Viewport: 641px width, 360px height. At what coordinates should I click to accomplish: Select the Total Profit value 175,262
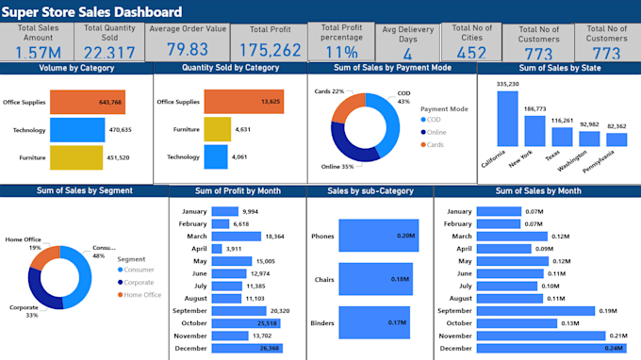pos(271,51)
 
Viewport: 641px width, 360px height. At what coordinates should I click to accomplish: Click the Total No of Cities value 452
pos(471,53)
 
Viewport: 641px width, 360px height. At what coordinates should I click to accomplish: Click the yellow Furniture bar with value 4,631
pos(217,129)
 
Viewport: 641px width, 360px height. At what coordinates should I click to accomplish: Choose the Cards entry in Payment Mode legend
pos(435,144)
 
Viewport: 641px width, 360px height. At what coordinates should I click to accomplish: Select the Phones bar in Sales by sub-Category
pos(378,236)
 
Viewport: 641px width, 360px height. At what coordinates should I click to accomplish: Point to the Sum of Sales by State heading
pos(558,68)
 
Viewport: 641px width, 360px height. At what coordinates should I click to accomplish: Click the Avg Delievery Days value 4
pos(407,55)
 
